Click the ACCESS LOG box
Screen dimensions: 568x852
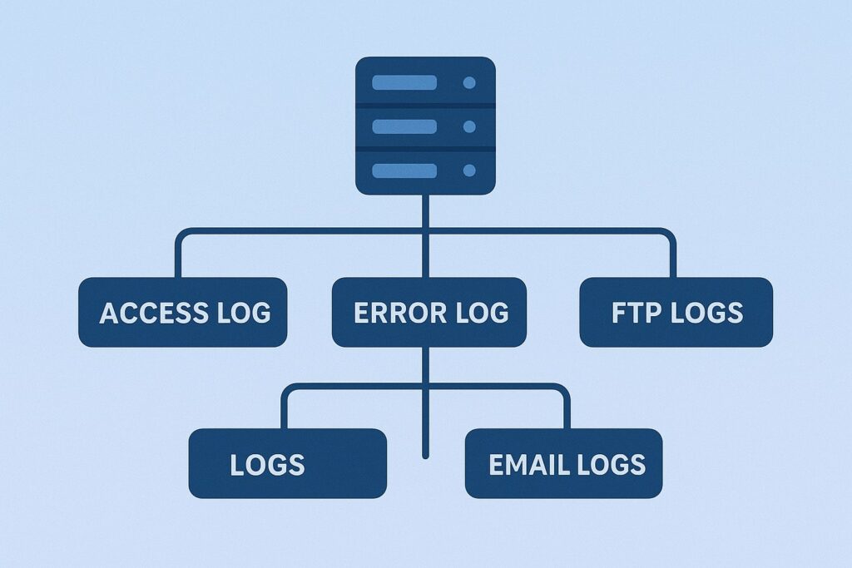click(182, 312)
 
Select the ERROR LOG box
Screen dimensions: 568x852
click(428, 312)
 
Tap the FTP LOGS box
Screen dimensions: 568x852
click(676, 312)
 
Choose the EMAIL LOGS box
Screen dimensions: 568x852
click(563, 463)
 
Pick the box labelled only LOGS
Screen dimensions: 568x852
click(287, 463)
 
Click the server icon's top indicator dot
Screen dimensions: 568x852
click(469, 83)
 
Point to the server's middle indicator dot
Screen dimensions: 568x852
click(469, 126)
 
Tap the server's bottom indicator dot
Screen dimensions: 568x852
click(469, 170)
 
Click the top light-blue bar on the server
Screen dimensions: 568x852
click(404, 83)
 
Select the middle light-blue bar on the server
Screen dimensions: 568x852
click(404, 126)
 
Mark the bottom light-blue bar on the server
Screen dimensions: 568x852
click(404, 170)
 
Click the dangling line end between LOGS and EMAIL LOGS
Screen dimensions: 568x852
click(426, 454)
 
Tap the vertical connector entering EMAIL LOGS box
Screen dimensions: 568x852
click(567, 411)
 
